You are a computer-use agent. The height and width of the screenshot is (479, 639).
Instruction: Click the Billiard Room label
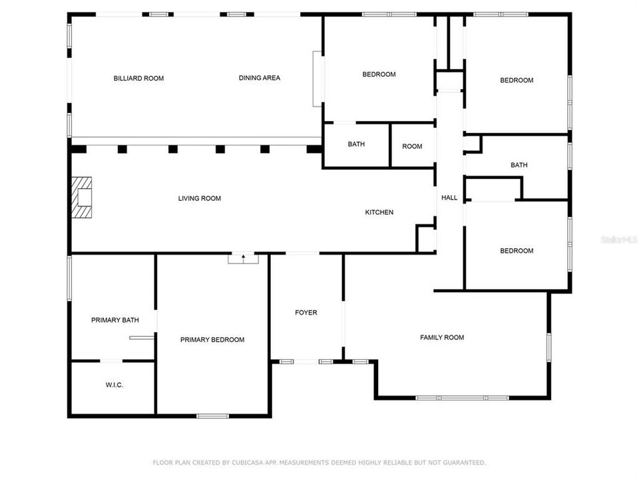(138, 79)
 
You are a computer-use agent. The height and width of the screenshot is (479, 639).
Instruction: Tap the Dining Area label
(260, 78)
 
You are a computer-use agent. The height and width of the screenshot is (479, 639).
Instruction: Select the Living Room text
(199, 198)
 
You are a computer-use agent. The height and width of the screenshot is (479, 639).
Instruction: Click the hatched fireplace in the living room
(83, 198)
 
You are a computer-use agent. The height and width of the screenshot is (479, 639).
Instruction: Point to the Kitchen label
(379, 212)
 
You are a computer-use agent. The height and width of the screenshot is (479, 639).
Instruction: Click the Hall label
(449, 198)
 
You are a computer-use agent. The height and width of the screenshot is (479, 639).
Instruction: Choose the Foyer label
(306, 313)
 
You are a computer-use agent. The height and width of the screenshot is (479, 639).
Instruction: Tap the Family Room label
(442, 337)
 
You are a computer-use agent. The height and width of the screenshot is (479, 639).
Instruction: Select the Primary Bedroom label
(212, 340)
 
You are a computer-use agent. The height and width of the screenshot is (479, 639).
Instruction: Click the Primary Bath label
(115, 320)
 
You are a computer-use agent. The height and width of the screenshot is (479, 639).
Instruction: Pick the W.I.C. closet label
(114, 385)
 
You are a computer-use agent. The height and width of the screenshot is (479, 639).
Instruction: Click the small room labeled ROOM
(412, 146)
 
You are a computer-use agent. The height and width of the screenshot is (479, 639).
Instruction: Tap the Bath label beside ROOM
(356, 144)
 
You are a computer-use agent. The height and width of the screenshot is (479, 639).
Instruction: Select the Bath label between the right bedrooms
(519, 165)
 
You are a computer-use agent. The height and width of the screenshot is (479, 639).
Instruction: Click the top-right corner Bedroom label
(517, 80)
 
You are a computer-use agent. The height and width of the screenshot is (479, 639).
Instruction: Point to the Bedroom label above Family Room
(517, 251)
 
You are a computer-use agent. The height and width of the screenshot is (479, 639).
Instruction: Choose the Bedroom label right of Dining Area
(379, 75)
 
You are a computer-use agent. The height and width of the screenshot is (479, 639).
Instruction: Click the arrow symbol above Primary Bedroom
(244, 256)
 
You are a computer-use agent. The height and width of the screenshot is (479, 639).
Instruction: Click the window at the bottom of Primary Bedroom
(213, 416)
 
